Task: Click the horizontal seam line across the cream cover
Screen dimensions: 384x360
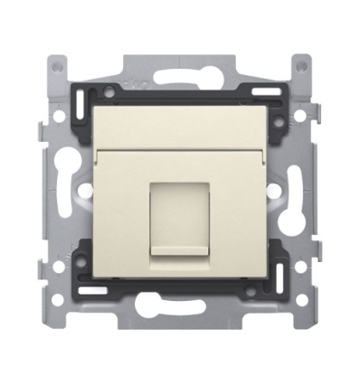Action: pyautogui.click(x=179, y=149)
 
